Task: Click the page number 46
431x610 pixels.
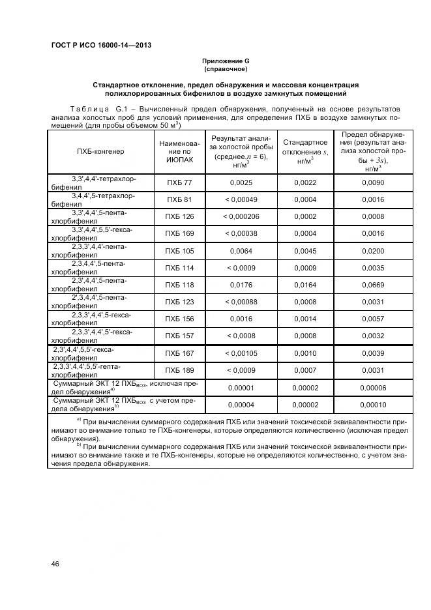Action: [55, 564]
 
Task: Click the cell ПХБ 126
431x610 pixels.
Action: [179, 216]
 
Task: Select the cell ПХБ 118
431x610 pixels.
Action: [179, 284]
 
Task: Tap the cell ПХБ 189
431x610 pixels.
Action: [179, 370]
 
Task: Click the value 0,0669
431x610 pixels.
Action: [374, 284]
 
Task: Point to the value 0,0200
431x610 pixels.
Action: [374, 250]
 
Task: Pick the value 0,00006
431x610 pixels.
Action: [374, 388]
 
